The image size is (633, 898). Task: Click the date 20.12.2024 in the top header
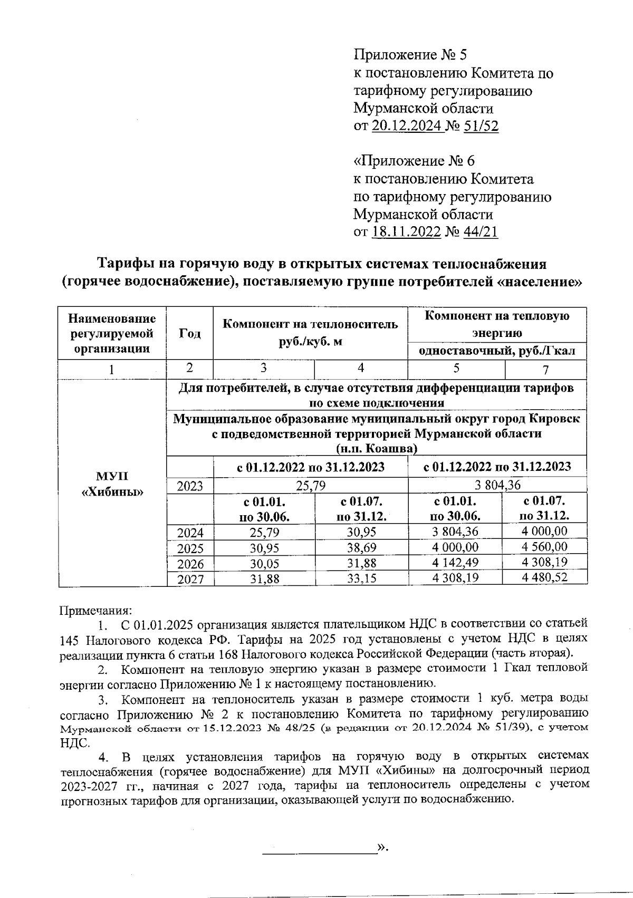click(x=407, y=125)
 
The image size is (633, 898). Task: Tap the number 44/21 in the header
click(x=480, y=231)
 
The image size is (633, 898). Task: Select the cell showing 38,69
click(x=361, y=547)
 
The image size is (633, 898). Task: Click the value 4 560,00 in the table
click(x=544, y=546)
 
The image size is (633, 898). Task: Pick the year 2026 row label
click(x=190, y=564)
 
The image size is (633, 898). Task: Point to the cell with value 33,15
click(x=361, y=578)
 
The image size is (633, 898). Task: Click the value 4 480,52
click(x=544, y=577)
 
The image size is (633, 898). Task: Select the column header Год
click(x=190, y=333)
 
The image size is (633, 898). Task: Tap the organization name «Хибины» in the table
click(x=112, y=493)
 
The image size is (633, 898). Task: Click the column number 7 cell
click(x=545, y=369)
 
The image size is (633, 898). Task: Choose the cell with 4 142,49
click(x=455, y=563)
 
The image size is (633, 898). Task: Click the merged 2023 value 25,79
click(x=310, y=485)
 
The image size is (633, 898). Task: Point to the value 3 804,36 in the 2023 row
click(x=497, y=485)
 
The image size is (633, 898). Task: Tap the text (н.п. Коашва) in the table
click(x=377, y=448)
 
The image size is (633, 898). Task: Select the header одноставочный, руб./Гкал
click(x=496, y=351)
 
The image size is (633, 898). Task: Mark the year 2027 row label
click(x=190, y=579)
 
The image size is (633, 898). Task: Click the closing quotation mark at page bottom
click(x=381, y=848)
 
